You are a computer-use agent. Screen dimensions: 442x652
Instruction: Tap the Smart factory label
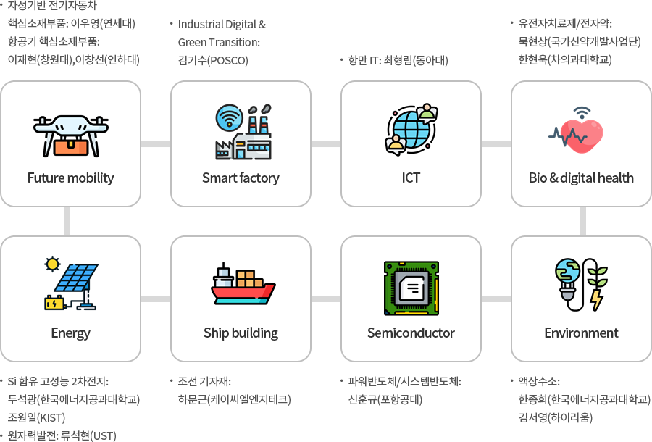(x=241, y=178)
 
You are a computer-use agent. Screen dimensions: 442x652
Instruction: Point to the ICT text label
(x=411, y=178)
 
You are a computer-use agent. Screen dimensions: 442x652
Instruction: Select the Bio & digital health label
(x=581, y=178)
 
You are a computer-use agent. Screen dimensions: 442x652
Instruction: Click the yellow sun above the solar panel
(x=51, y=263)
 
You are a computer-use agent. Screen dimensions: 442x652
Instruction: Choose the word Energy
(x=70, y=333)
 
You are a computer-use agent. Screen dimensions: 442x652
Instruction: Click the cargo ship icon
(x=243, y=285)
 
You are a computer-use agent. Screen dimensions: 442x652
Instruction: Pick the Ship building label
(x=241, y=333)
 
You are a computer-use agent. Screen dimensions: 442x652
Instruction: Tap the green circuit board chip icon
(x=411, y=288)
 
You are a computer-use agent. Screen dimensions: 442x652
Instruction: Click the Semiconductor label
(x=411, y=333)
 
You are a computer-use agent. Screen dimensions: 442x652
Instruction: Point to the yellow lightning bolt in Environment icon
(x=597, y=299)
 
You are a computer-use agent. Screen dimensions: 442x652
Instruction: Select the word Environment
(x=581, y=333)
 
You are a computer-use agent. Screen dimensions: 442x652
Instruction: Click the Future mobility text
(x=70, y=178)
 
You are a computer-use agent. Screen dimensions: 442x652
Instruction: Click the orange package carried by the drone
(x=70, y=146)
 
